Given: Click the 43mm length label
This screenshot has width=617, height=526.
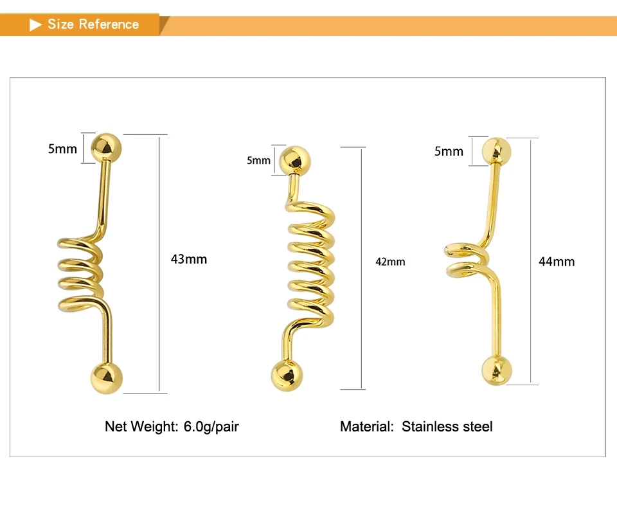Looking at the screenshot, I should point(189,259).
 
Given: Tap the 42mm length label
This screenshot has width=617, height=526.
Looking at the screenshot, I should point(390,262).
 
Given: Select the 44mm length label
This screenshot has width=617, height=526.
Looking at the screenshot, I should point(557,262).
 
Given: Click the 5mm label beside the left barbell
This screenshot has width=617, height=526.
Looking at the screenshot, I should point(62,149).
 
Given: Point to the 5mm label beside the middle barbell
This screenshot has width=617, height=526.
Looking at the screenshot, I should point(258,160).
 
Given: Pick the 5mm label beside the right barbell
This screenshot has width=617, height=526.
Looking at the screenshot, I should point(449,152).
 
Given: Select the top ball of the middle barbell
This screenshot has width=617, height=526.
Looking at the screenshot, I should point(296,160).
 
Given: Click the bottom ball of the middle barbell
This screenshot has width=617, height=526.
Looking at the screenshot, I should point(287,376).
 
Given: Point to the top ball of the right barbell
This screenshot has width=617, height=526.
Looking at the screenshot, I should point(497,152).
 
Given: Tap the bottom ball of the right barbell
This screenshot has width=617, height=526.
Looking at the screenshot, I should point(497,370).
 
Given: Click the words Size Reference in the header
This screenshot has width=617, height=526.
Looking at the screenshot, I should point(93,24).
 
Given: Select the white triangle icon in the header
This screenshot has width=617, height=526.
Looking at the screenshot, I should point(36,25).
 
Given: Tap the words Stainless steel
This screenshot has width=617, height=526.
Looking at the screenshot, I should point(447,426).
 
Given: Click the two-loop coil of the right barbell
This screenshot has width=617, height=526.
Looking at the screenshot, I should point(466,259).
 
